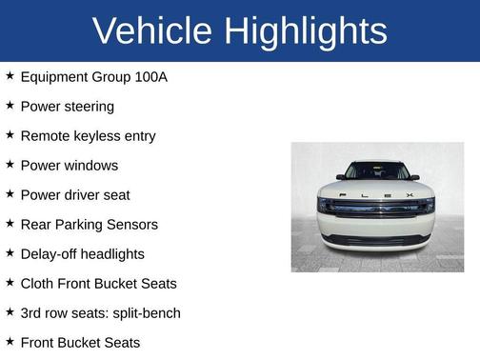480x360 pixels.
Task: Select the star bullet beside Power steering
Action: pyautogui.click(x=10, y=106)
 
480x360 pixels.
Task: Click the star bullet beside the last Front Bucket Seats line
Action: pyautogui.click(x=10, y=342)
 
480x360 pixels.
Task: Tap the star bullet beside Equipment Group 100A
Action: pyautogui.click(x=10, y=76)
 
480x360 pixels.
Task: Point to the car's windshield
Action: pyautogui.click(x=376, y=171)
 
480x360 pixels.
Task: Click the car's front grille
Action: pyautogui.click(x=376, y=207)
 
